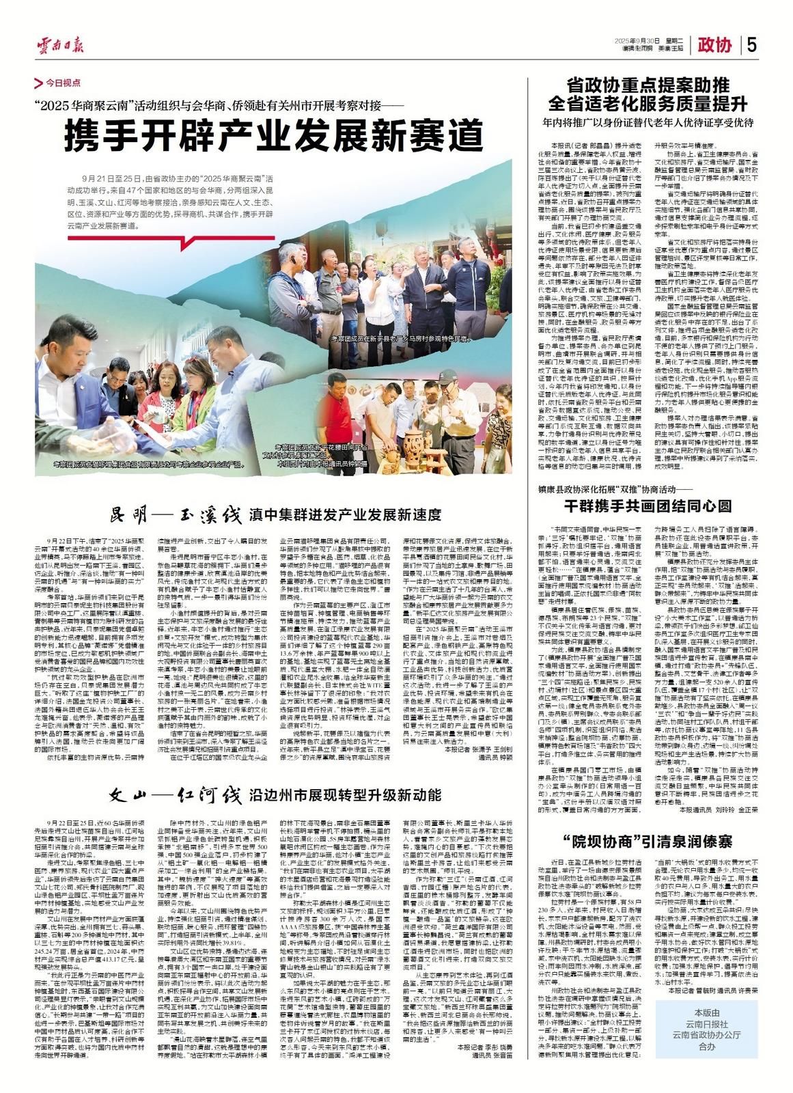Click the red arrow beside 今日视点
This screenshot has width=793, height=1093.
pos(39,83)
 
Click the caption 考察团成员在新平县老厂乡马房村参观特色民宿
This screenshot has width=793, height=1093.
pos(402,338)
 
